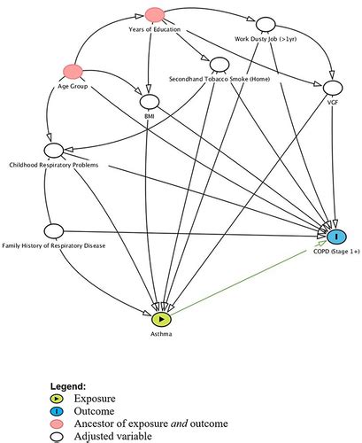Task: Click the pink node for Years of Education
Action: click(x=156, y=14)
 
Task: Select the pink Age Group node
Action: click(x=71, y=71)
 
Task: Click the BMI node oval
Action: click(x=149, y=102)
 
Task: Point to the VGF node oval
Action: click(x=333, y=88)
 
